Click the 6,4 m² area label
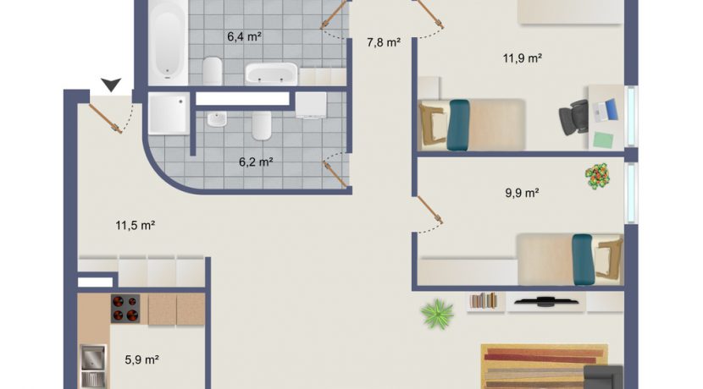[244, 36]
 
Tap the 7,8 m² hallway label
[384, 42]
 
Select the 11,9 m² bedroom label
[523, 58]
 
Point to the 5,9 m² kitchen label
[141, 360]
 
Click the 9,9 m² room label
[522, 193]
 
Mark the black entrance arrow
[111, 85]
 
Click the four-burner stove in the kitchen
[125, 309]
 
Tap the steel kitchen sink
[93, 366]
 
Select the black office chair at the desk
[574, 117]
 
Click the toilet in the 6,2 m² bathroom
[262, 126]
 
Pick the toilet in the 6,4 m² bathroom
[212, 70]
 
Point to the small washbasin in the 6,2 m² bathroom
[217, 119]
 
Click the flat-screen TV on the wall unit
[546, 302]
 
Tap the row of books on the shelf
[484, 300]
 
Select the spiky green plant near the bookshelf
[437, 315]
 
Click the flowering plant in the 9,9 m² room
[598, 176]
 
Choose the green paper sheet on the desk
[603, 140]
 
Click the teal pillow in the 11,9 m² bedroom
[458, 125]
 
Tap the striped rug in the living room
[545, 367]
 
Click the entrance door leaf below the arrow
[105, 118]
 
